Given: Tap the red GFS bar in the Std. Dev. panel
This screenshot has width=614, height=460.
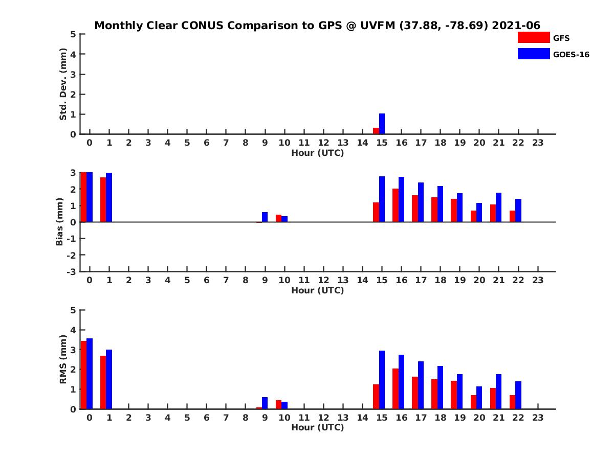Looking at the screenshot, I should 376,131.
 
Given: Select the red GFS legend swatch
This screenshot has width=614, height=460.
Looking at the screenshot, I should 534,37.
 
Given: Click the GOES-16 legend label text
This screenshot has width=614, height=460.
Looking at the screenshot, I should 571,54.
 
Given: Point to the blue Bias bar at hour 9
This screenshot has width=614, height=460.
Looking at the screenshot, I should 265,217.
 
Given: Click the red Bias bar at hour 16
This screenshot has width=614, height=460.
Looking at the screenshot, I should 396,205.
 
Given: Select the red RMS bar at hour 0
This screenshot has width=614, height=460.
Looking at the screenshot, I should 83,375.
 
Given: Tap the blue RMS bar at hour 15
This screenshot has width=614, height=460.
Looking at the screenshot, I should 382,380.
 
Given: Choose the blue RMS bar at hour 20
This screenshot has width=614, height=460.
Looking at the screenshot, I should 479,398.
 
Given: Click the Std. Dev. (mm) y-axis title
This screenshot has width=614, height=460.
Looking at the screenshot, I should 63,84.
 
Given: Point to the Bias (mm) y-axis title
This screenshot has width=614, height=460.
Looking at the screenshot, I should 60,222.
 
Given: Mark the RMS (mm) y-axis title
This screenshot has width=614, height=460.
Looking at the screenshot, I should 63,359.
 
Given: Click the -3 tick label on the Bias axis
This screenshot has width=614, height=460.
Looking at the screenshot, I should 71,271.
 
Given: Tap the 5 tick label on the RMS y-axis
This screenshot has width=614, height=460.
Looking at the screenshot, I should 74,310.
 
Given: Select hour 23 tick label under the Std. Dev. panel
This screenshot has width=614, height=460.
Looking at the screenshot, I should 537,143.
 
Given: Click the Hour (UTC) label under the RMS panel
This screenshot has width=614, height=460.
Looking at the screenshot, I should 317,427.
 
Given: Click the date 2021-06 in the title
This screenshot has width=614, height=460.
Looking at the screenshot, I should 516,26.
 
